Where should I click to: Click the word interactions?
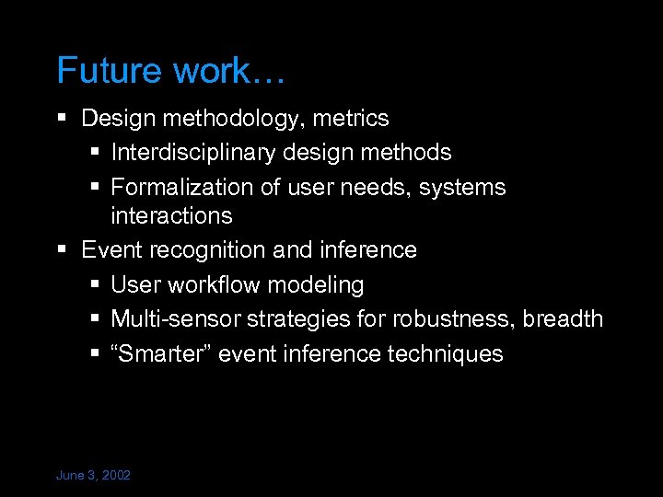(171, 216)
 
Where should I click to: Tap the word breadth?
(563, 319)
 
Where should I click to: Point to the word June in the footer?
(70, 476)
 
